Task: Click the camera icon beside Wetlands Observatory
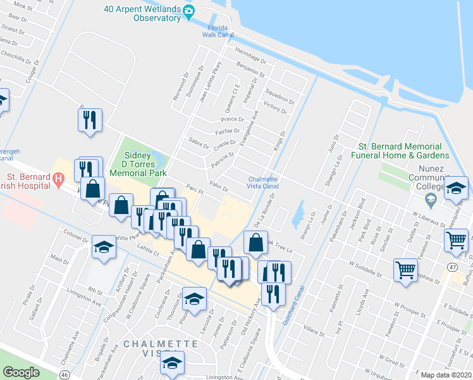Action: [x=188, y=10]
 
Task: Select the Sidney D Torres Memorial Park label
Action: [x=138, y=164]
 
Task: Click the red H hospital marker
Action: [x=58, y=180]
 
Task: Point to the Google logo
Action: [x=21, y=372]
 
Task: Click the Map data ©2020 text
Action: [x=446, y=375]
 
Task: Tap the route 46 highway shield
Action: [x=65, y=375]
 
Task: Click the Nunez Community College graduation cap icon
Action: [x=431, y=199]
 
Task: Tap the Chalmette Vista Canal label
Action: [x=263, y=182]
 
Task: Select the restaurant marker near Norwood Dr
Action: [x=89, y=120]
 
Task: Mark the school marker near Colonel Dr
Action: [x=104, y=248]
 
